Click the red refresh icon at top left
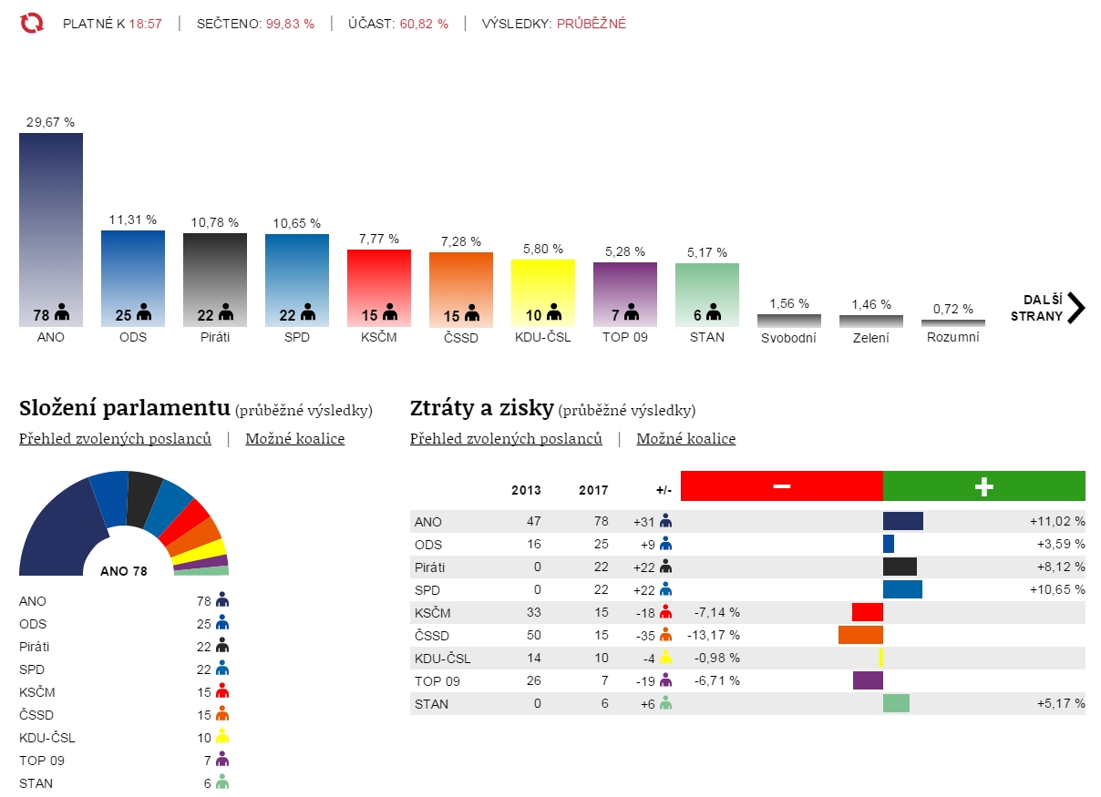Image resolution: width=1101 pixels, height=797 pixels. [32, 23]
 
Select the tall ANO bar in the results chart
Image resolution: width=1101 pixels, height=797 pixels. [51, 228]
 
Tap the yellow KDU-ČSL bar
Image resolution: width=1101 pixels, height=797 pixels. [543, 291]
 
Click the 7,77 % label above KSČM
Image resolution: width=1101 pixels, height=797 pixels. [379, 239]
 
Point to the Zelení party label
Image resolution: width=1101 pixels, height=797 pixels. [871, 337]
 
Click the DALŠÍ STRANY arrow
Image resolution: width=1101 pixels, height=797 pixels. [1075, 308]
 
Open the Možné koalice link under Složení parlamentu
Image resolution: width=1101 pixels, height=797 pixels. [295, 439]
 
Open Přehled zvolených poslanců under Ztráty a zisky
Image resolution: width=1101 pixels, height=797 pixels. [506, 439]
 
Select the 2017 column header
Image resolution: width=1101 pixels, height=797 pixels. [593, 490]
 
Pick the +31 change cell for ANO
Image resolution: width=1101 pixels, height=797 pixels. [644, 521]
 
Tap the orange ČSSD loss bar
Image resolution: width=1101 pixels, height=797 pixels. [860, 635]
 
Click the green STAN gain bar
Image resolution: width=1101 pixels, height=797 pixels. [896, 703]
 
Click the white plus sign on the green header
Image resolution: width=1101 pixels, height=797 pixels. [983, 486]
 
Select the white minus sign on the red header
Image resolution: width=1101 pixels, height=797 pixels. [781, 486]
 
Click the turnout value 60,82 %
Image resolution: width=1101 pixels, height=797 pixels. [424, 24]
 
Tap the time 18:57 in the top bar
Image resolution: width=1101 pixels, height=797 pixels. [145, 24]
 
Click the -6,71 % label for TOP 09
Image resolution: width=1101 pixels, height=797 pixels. [716, 680]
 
